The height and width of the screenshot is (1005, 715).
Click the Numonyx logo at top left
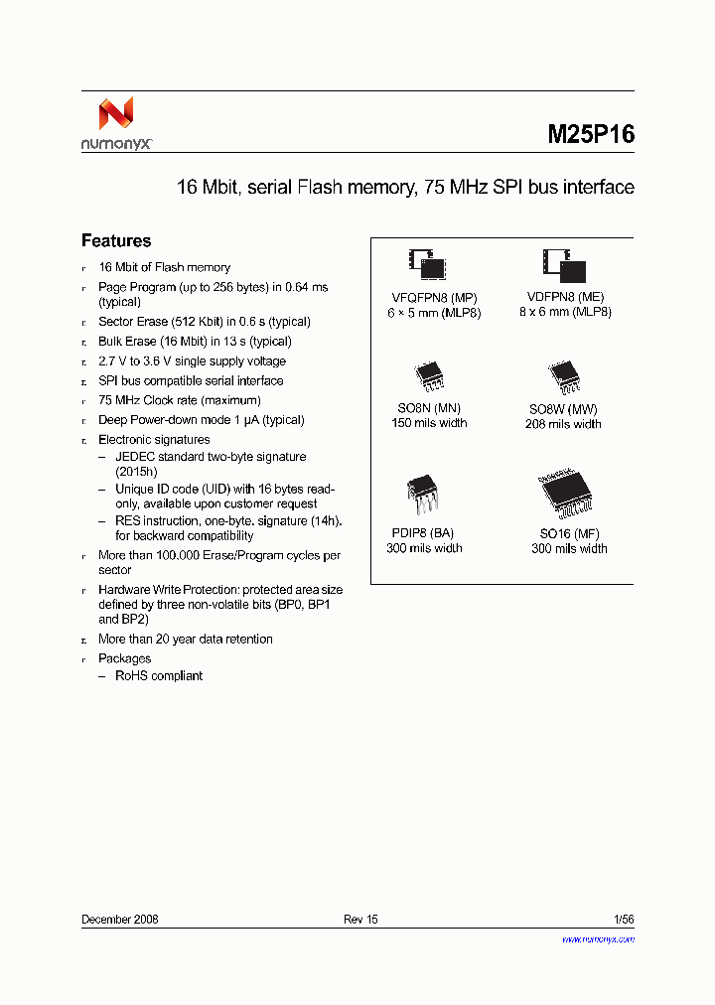116,123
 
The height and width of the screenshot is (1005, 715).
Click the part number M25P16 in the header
591,134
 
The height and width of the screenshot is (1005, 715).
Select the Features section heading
116,241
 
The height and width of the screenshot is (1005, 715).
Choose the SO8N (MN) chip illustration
429,376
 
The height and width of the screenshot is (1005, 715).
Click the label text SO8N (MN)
429,408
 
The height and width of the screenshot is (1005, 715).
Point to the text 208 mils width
563,424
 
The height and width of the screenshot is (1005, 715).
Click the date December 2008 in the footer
119,920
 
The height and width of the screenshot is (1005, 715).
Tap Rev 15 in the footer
360,920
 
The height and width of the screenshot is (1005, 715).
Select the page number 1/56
623,920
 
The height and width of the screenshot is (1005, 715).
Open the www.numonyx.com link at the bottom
598,938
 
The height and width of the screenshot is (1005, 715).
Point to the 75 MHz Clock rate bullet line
180,400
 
